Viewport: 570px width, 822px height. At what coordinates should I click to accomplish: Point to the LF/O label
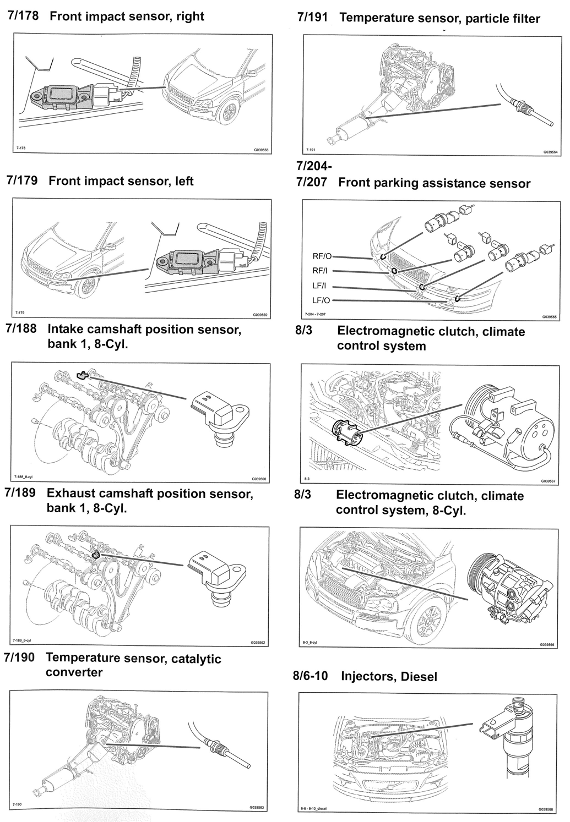322,300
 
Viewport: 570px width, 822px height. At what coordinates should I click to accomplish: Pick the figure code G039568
547,809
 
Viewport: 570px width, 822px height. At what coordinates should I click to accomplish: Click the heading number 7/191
312,18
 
